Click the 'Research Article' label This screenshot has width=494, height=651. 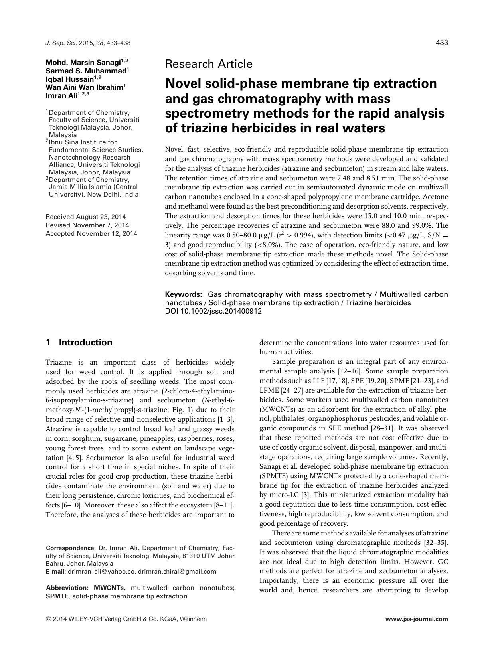pos(208,64)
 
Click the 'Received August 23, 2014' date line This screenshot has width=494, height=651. pos(86,217)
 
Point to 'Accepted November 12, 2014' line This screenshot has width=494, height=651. pos(91,233)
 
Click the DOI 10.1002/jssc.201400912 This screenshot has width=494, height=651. pos(213,311)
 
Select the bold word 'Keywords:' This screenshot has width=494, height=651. pos(184,294)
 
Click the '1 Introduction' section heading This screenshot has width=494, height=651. pos(79,342)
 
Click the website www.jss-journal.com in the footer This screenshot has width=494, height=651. pos(417,619)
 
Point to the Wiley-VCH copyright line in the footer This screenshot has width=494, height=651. pos(126,619)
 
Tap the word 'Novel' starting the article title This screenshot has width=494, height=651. pos(184,83)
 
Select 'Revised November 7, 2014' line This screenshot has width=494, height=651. pos(87,225)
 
